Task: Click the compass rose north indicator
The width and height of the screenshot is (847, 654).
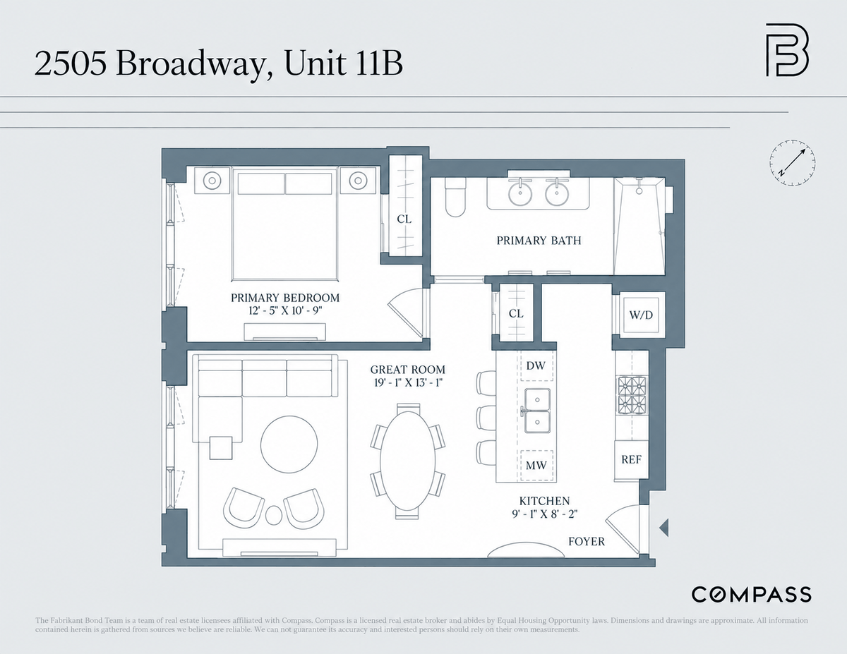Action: pyautogui.click(x=793, y=162)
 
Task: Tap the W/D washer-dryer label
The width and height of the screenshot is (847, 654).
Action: pyautogui.click(x=641, y=315)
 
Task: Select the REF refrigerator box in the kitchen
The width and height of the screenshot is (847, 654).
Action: pyautogui.click(x=632, y=459)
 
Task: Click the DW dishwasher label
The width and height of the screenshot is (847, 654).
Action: pyautogui.click(x=536, y=365)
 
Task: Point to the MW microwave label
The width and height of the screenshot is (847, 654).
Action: pyautogui.click(x=536, y=465)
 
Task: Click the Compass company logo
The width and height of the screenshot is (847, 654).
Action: pyautogui.click(x=751, y=595)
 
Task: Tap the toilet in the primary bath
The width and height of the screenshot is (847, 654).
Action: pyautogui.click(x=455, y=198)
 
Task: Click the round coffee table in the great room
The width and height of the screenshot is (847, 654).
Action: pyautogui.click(x=289, y=444)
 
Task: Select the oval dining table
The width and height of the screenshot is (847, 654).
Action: pyautogui.click(x=407, y=461)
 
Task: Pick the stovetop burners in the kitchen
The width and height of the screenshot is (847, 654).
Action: pyautogui.click(x=632, y=395)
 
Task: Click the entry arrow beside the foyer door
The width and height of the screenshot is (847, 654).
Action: pyautogui.click(x=663, y=528)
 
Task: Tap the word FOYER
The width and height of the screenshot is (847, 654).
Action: pyautogui.click(x=587, y=541)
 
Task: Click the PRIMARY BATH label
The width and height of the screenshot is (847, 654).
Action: pyautogui.click(x=539, y=241)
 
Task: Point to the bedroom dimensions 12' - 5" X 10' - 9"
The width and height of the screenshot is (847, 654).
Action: pyautogui.click(x=285, y=311)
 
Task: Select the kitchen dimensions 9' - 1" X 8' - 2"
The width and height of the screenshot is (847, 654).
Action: pyautogui.click(x=544, y=514)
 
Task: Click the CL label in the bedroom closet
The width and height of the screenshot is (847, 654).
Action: pyautogui.click(x=404, y=219)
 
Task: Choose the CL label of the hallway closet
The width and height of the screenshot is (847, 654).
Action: pyautogui.click(x=516, y=313)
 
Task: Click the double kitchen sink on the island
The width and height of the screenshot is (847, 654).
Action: pyautogui.click(x=537, y=411)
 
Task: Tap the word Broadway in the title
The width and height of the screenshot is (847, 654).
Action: pyautogui.click(x=189, y=63)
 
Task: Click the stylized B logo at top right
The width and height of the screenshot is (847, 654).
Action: pyautogui.click(x=786, y=50)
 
